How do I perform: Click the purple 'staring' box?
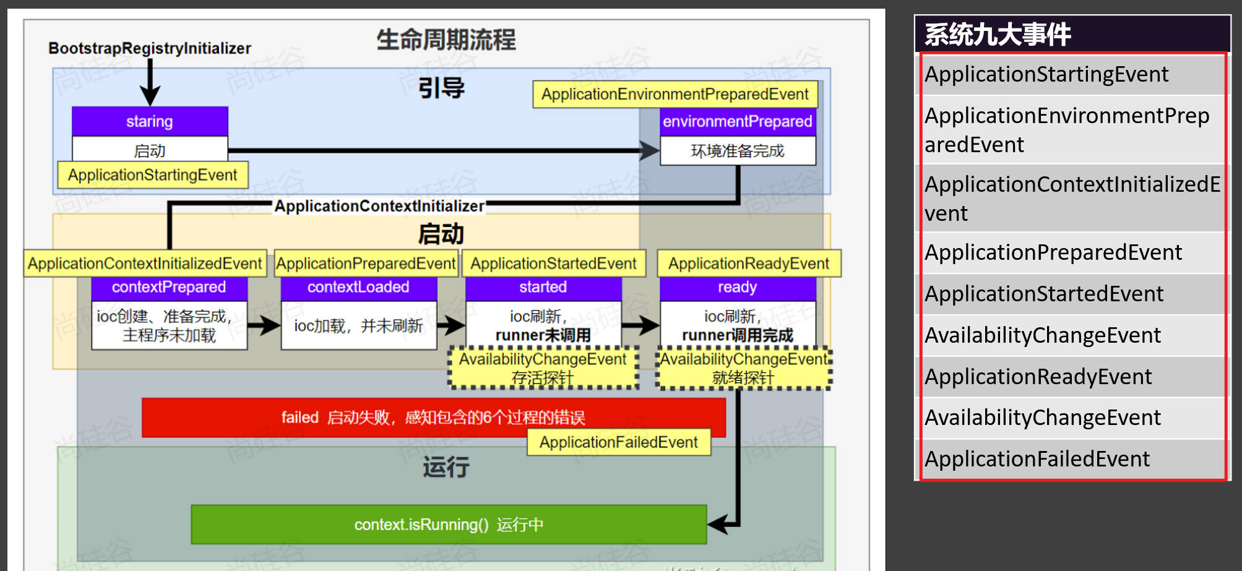150,121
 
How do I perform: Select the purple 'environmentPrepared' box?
737,121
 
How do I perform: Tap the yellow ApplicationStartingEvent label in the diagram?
152,175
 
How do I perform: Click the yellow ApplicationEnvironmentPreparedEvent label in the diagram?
675,94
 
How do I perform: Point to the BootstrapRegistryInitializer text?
150,48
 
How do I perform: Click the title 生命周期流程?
446,40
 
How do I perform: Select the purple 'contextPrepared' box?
169,287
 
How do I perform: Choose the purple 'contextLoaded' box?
358,287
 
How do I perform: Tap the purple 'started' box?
543,287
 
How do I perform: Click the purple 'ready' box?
737,287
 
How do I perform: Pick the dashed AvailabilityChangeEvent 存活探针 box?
543,368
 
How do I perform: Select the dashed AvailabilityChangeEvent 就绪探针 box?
743,368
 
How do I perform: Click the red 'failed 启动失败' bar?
433,418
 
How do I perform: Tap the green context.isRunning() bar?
449,525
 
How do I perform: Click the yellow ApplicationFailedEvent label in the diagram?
618,442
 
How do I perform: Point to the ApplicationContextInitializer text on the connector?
379,206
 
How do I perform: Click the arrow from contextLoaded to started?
451,325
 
